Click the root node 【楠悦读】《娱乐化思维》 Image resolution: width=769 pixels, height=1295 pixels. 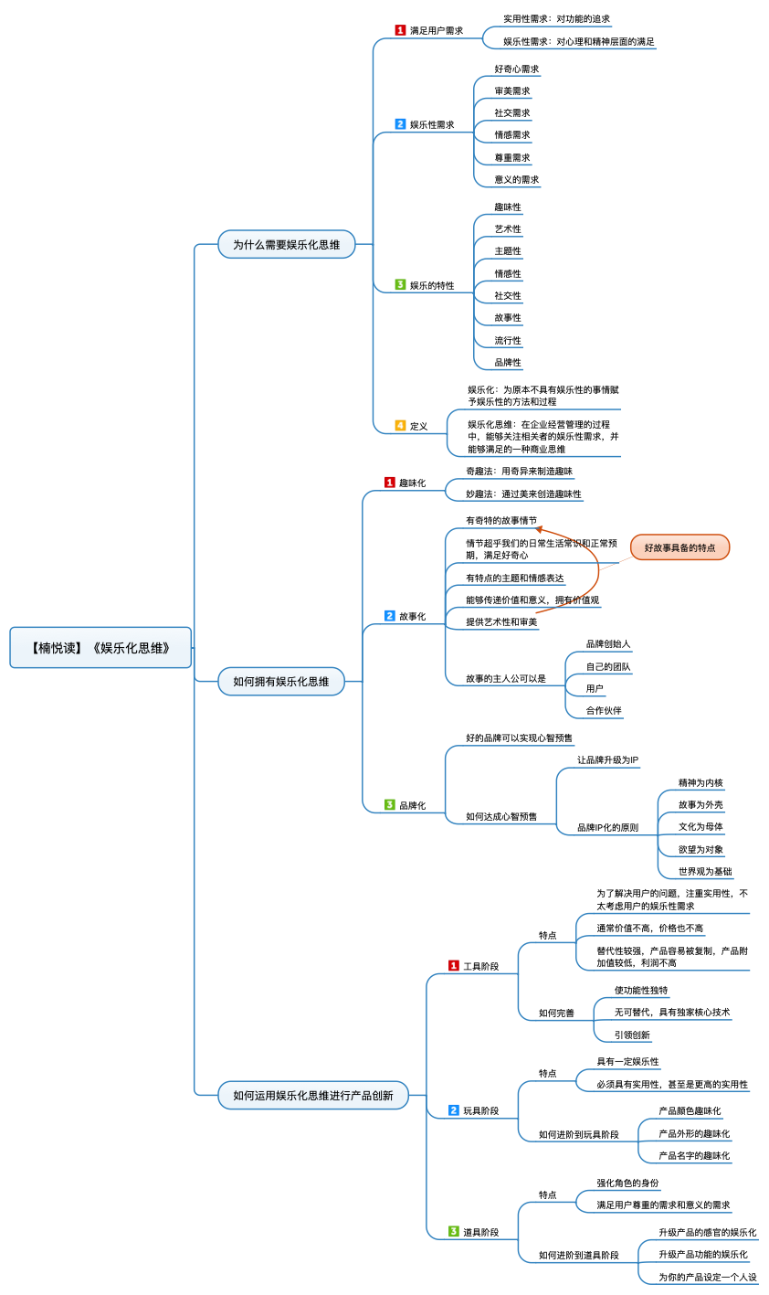(x=100, y=647)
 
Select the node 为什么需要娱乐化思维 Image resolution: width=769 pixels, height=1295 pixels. (x=286, y=245)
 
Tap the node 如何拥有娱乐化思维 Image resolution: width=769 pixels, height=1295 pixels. (x=280, y=681)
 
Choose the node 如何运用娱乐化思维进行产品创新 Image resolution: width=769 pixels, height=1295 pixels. (x=312, y=1095)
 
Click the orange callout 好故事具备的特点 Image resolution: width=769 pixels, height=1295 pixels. (x=679, y=547)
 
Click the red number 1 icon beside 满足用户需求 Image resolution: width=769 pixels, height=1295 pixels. (x=400, y=30)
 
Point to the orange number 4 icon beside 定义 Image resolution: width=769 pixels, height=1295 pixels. (x=400, y=426)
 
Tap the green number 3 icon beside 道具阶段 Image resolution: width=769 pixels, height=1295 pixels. (x=454, y=1231)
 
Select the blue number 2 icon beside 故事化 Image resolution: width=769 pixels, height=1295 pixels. (x=389, y=616)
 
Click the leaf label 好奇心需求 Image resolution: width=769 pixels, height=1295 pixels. (x=517, y=69)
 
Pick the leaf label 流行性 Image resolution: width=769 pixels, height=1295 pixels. (x=508, y=341)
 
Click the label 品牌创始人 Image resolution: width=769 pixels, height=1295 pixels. (x=608, y=643)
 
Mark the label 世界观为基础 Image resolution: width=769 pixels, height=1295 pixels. (x=705, y=871)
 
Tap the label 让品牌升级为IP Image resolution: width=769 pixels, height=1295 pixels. (x=608, y=759)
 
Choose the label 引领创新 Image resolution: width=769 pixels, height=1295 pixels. (x=632, y=1035)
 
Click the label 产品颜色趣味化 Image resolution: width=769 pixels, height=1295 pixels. (x=690, y=1110)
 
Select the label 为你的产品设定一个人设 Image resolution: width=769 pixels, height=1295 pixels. (x=708, y=1277)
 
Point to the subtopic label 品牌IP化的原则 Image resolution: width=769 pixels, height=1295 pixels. (x=608, y=827)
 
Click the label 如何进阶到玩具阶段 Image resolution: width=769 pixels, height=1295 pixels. (x=578, y=1134)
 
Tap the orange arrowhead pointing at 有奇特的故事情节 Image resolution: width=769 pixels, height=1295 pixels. (x=539, y=528)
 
